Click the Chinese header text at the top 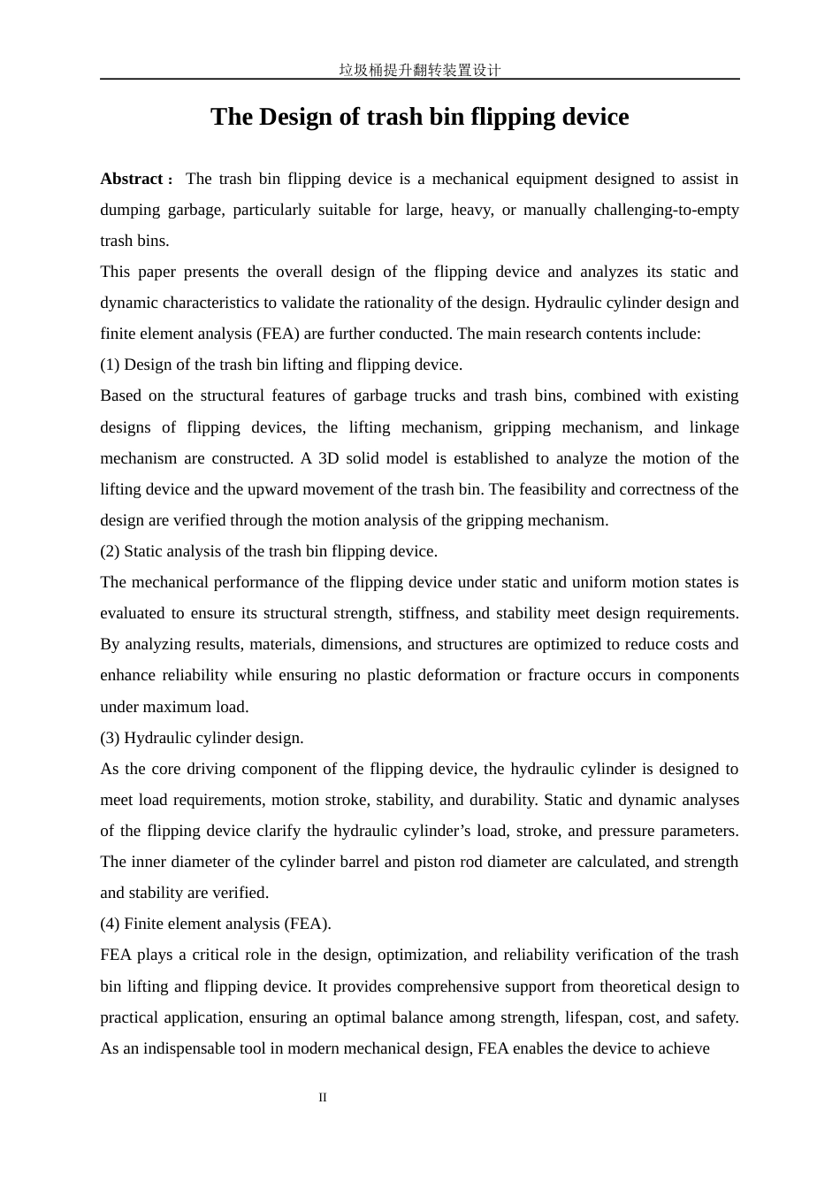point(419,70)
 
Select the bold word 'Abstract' point(132,179)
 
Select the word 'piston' point(433,862)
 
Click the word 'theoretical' point(639,986)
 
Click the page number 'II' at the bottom point(323,1098)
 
